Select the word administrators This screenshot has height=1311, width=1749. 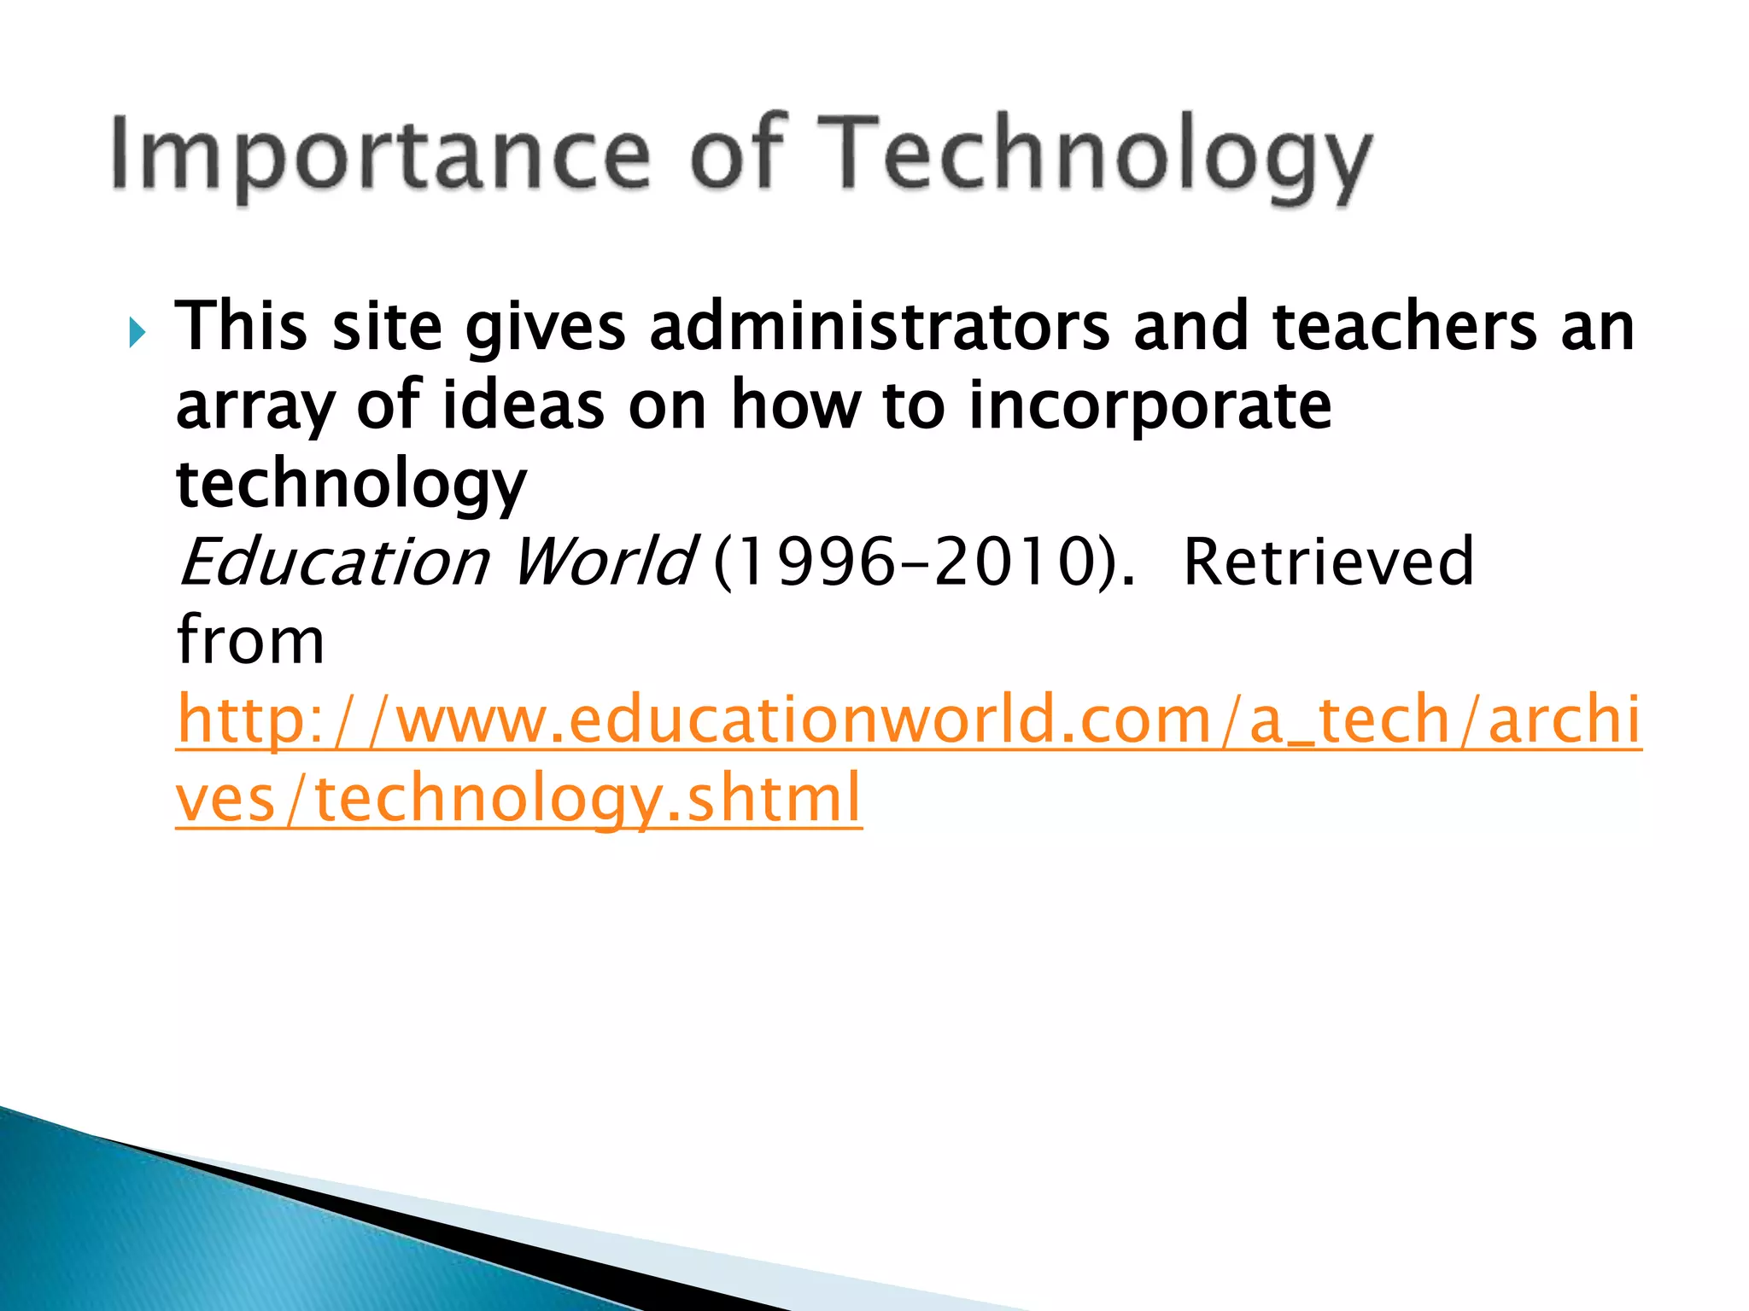tap(880, 327)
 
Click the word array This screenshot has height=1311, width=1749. tap(254, 407)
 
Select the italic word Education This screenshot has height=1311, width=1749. tap(334, 562)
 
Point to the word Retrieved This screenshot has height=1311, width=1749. tap(1328, 562)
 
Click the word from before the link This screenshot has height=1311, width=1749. tap(250, 641)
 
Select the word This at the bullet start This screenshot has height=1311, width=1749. tap(241, 327)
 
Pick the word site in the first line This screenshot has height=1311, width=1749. tap(387, 327)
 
